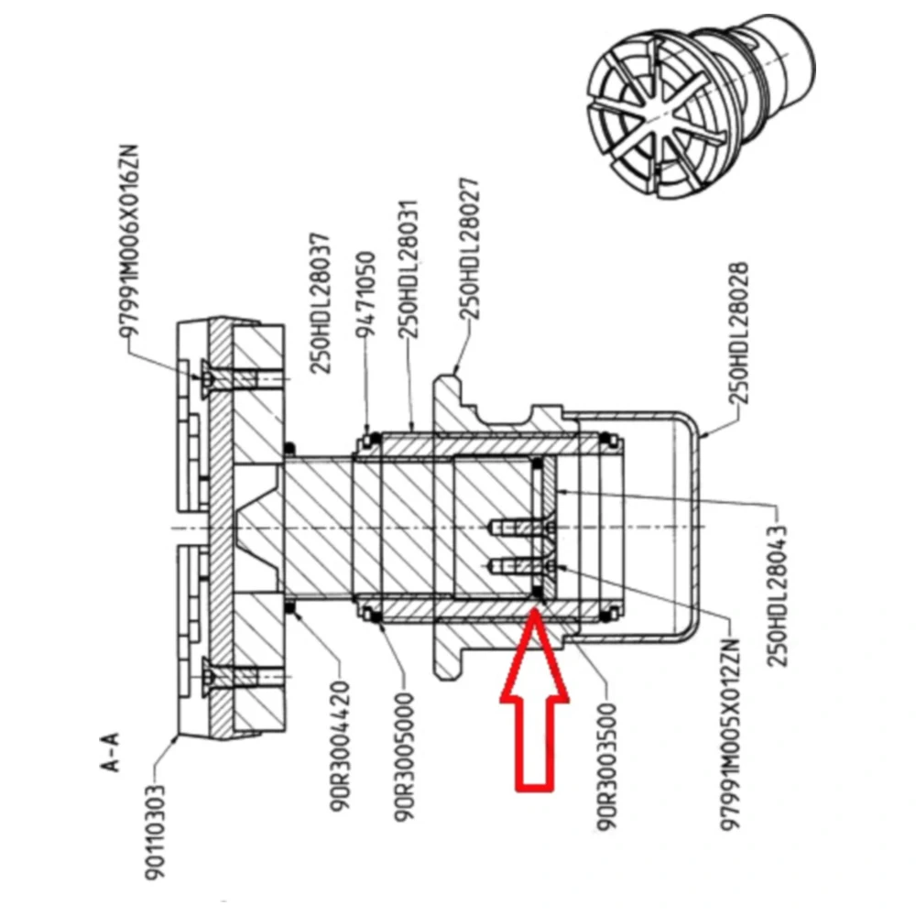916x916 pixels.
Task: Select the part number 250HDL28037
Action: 320,303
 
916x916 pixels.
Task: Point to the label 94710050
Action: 365,295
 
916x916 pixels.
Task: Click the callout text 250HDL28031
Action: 409,269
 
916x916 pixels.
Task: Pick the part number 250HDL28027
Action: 470,249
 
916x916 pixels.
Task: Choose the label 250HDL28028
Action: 738,333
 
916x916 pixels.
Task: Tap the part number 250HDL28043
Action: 777,596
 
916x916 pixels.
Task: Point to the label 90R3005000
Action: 404,758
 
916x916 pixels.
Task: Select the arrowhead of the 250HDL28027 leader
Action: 455,371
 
